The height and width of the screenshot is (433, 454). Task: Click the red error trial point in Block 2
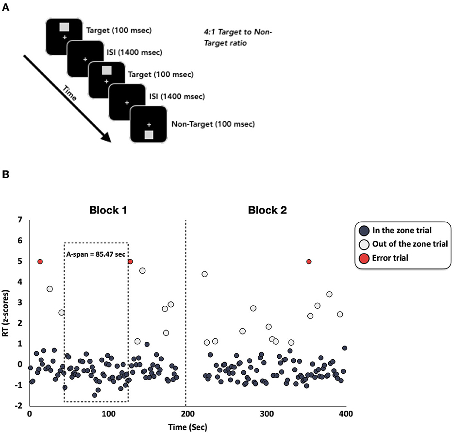pyautogui.click(x=309, y=262)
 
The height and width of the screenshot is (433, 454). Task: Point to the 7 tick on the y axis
pyautogui.click(x=20, y=220)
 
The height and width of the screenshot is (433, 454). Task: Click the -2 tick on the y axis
pyautogui.click(x=19, y=405)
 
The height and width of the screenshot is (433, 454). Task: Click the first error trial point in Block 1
pyautogui.click(x=40, y=262)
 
